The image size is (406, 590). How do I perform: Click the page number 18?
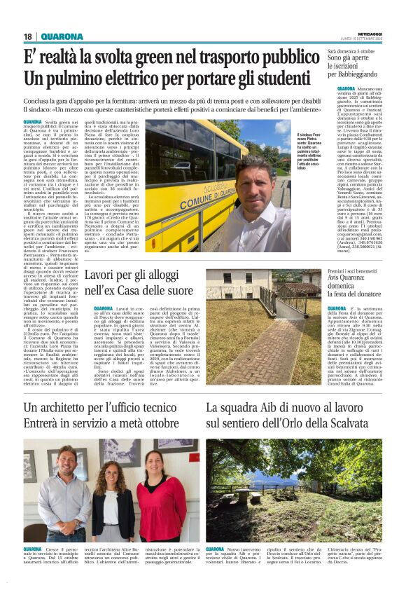click(27, 36)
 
